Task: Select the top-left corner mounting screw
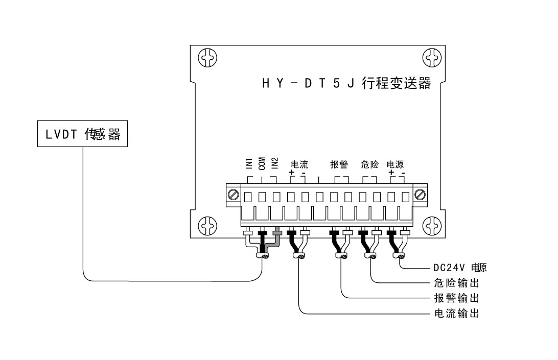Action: point(207,57)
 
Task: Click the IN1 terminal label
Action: point(248,163)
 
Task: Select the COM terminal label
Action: point(262,163)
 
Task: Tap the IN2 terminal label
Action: point(275,163)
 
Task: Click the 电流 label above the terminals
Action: point(299,164)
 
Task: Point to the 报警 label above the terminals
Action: point(339,164)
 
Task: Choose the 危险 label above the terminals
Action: point(369,164)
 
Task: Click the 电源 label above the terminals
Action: point(396,164)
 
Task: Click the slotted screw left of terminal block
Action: point(234,195)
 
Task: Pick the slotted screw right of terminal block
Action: point(420,195)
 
